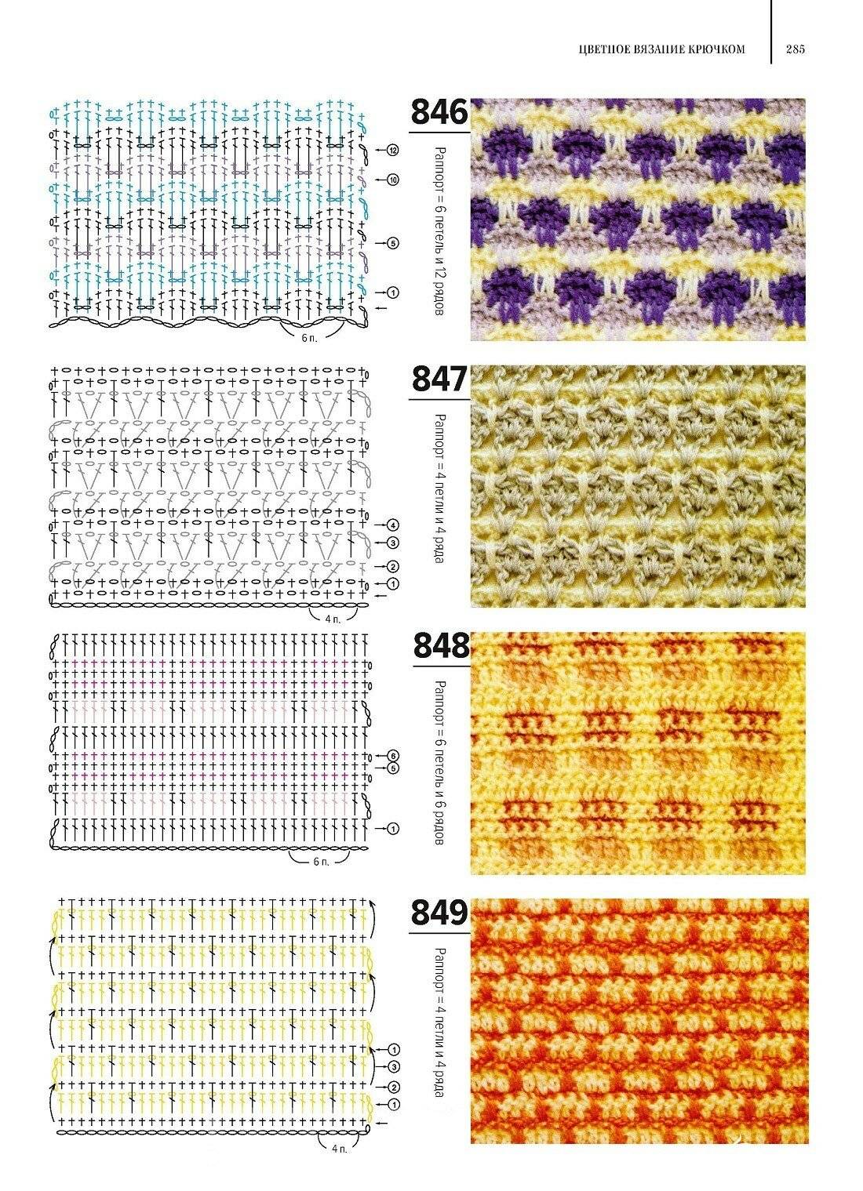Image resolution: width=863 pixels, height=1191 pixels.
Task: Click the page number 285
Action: tap(796, 49)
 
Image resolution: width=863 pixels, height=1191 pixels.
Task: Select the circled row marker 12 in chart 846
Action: tap(392, 151)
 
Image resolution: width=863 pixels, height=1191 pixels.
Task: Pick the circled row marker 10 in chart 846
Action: tap(392, 180)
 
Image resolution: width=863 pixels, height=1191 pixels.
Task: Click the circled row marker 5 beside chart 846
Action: tap(392, 244)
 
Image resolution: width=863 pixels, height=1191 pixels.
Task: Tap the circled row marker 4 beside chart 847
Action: tap(392, 525)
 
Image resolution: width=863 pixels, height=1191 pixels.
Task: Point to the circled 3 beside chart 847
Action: tap(392, 543)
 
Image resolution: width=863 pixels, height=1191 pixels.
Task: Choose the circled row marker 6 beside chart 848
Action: tap(392, 756)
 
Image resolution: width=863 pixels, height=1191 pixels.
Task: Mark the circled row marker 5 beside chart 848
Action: tap(392, 768)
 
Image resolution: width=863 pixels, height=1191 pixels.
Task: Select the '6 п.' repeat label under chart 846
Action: tap(309, 339)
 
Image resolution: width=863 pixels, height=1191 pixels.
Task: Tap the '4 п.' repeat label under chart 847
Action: tap(333, 619)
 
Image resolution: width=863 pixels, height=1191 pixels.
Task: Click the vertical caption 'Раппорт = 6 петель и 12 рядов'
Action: tap(440, 231)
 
